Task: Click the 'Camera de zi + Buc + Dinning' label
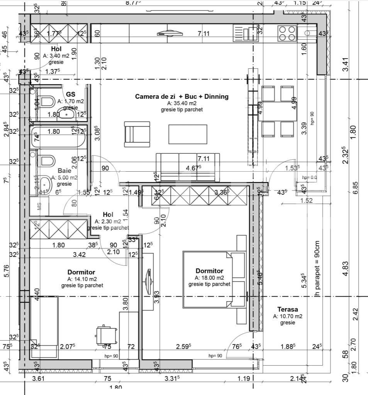pyautogui.click(x=181, y=96)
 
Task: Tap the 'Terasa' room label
pyautogui.click(x=287, y=309)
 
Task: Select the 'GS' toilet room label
pyautogui.click(x=71, y=94)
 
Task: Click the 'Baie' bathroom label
pyautogui.click(x=65, y=170)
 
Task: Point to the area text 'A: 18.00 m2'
pyautogui.click(x=209, y=278)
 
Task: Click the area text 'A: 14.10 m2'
pyautogui.click(x=82, y=279)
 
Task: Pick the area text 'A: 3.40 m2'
pyautogui.click(x=56, y=56)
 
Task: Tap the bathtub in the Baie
pyautogui.click(x=58, y=137)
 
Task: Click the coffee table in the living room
pyautogui.click(x=188, y=134)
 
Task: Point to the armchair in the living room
pyautogui.click(x=136, y=134)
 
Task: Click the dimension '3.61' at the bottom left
pyautogui.click(x=39, y=378)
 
